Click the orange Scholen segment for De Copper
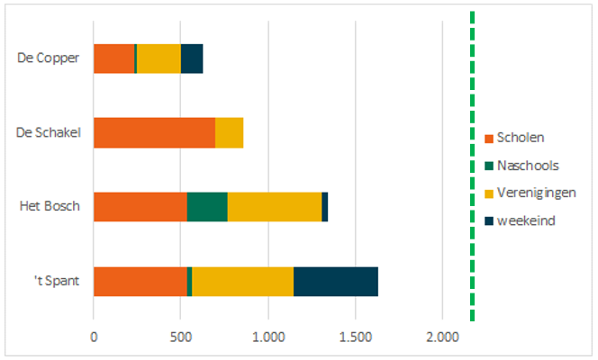pos(113,58)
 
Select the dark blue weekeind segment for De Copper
pos(192,58)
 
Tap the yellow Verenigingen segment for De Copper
pos(159,58)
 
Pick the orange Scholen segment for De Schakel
pos(154,133)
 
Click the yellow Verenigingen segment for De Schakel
pos(230,133)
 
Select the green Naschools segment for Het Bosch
pos(207,206)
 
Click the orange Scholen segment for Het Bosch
pos(140,206)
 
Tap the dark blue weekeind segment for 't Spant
pos(336,281)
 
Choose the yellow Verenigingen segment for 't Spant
pos(242,281)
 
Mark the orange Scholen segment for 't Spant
pos(140,281)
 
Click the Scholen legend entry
pos(521,138)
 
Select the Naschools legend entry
pos(527,165)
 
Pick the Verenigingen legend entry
pos(536,193)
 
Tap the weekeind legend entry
pos(526,220)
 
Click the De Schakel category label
pos(50,133)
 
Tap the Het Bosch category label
pos(50,206)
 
